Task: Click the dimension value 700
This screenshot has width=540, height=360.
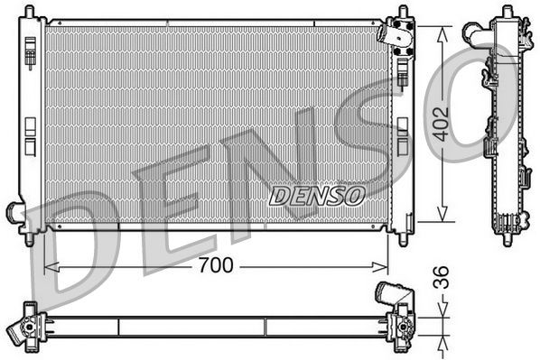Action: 217,265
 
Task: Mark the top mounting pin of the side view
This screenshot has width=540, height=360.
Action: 502,12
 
